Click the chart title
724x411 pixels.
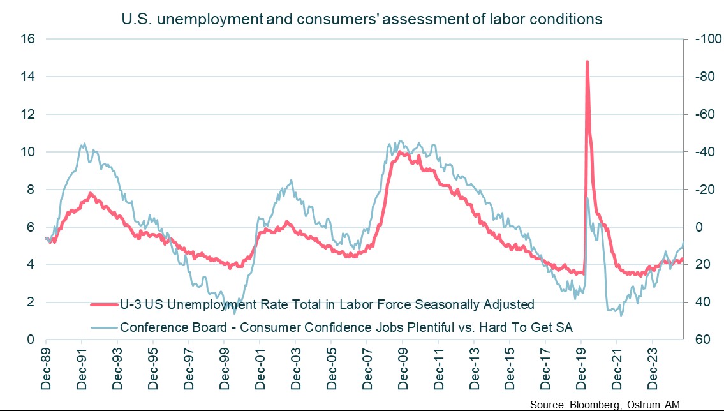click(362, 19)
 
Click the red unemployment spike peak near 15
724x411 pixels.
click(586, 62)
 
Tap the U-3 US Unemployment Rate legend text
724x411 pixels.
click(327, 305)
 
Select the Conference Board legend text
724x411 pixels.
click(346, 327)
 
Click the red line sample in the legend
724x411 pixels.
click(105, 305)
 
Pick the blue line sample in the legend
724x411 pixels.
click(105, 327)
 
